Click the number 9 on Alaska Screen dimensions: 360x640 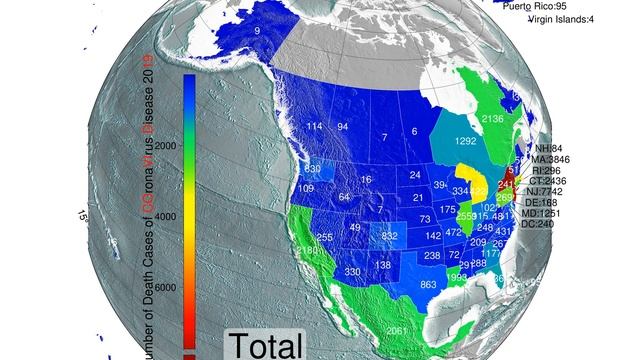click(257, 33)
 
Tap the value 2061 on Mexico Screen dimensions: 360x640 click(397, 331)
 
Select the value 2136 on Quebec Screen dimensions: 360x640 click(493, 119)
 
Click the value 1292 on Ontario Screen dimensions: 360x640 click(465, 142)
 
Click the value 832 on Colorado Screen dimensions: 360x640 click(390, 236)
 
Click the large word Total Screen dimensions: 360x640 click(265, 346)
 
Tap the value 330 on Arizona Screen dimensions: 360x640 click(352, 272)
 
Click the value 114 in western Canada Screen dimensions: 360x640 click(314, 127)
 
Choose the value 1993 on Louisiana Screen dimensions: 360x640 click(457, 277)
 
